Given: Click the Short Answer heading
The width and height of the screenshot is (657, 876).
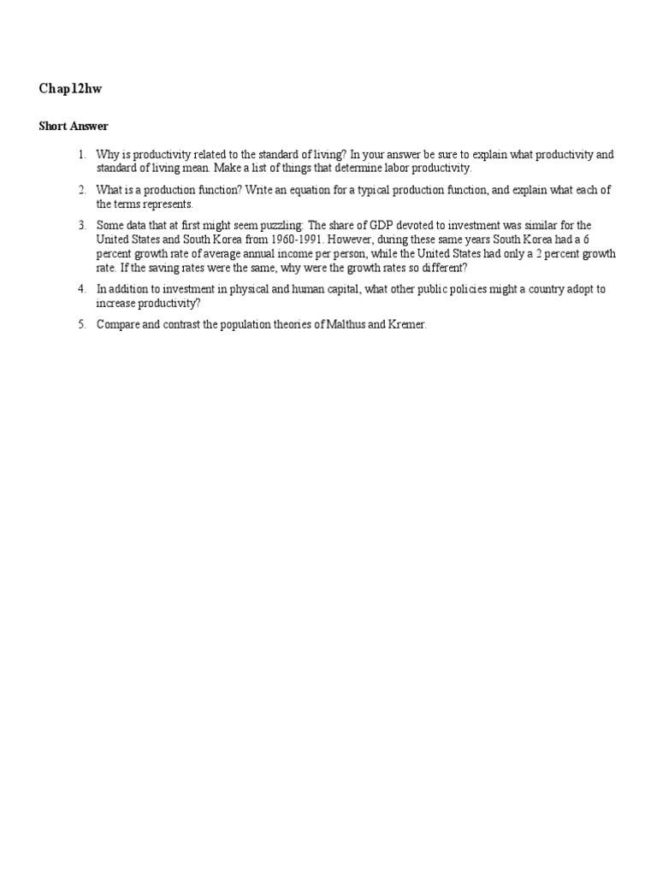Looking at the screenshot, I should [x=74, y=127].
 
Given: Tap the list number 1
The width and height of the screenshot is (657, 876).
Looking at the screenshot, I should [x=82, y=155].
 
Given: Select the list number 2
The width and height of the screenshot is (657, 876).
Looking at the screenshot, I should [x=82, y=190].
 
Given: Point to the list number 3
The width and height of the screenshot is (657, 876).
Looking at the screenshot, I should [x=82, y=225].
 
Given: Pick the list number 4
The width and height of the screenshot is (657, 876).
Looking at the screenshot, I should [x=82, y=289].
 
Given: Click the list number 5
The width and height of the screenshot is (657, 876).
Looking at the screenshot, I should [x=82, y=325].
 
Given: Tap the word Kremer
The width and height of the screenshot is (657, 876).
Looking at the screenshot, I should [x=406, y=325].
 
